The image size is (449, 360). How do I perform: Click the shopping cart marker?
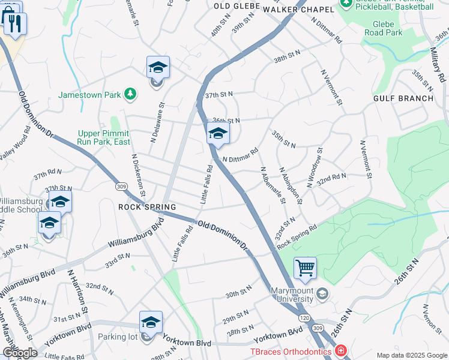point(306,268)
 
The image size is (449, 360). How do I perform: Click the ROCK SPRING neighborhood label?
point(147,207)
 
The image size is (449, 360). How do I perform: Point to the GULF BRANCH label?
point(403,98)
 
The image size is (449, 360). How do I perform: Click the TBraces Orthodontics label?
point(291,350)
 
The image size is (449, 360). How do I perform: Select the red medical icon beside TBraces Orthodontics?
point(340,350)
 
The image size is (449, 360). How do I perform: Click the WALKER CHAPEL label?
point(298,10)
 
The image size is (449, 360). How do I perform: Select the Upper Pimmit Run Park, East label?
point(104,138)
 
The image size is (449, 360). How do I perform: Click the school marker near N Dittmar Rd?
point(218,134)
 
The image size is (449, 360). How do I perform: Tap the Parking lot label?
point(118,337)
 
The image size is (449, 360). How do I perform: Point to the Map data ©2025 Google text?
point(411,355)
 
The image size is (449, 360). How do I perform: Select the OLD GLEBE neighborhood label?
point(237,5)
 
